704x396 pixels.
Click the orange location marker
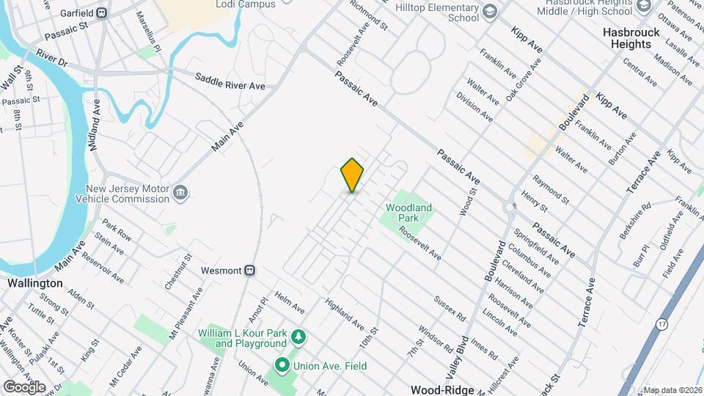click(353, 175)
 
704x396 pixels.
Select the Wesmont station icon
click(249, 270)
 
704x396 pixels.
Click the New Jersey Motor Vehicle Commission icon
click(180, 194)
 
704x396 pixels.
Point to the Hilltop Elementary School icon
click(490, 12)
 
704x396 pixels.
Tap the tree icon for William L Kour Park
click(298, 337)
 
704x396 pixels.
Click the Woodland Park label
click(408, 213)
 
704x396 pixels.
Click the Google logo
click(24, 387)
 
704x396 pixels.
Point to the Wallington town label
click(34, 282)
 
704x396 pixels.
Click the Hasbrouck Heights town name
click(626, 38)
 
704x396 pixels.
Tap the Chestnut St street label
click(177, 271)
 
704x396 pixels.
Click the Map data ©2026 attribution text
click(672, 389)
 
